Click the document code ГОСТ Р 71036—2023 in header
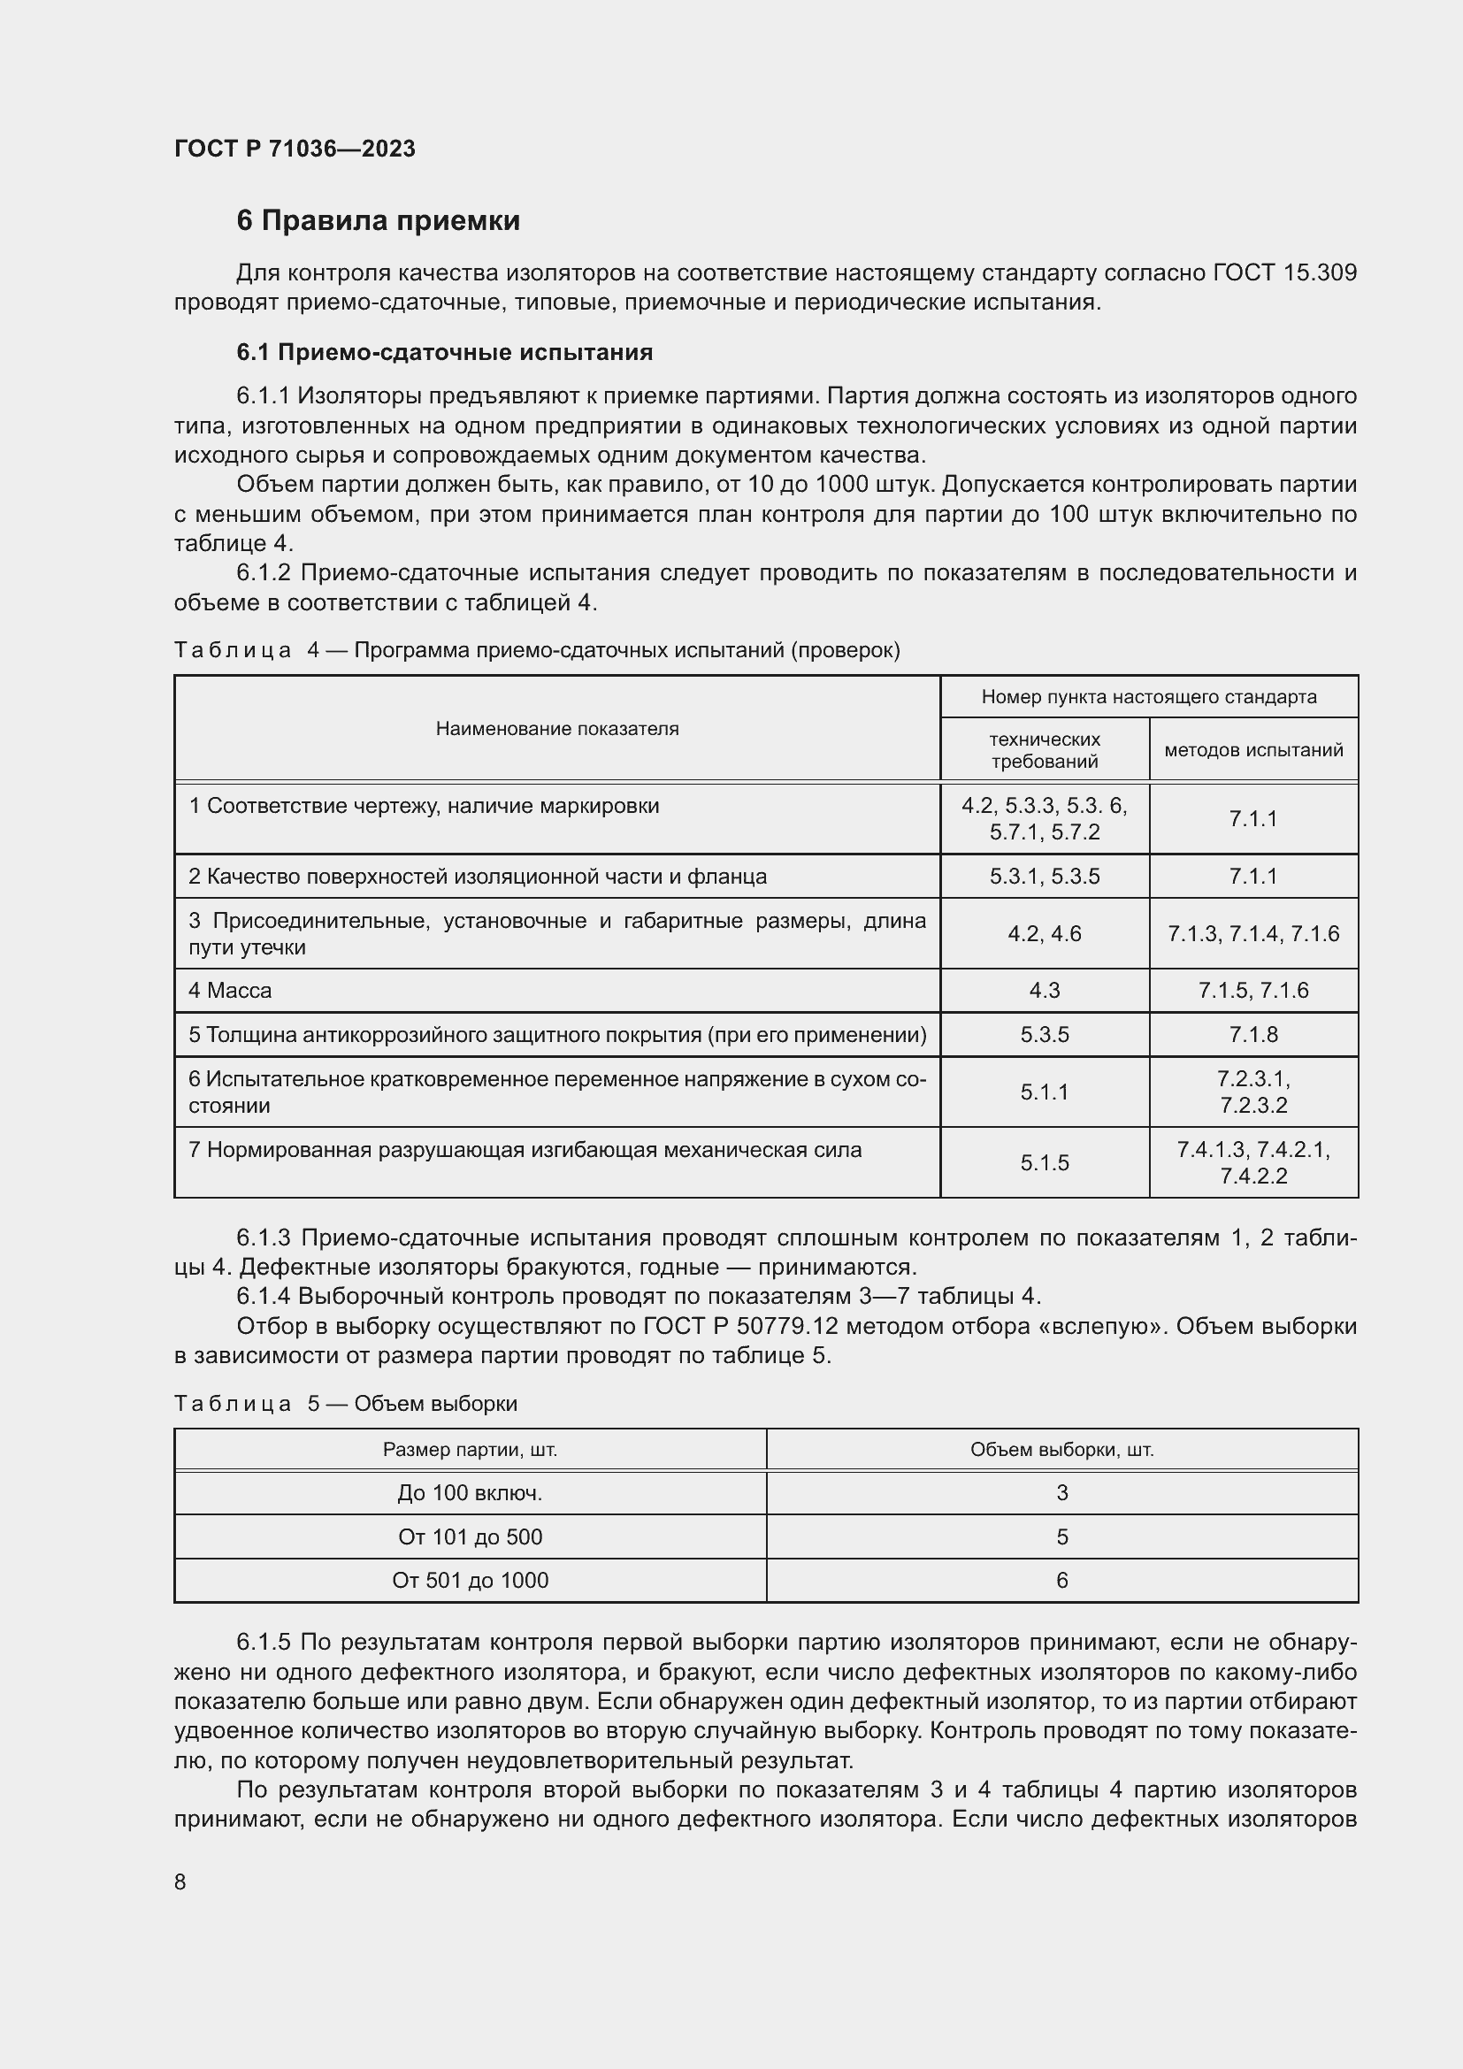(295, 149)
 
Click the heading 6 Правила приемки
(378, 221)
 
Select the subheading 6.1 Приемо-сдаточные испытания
(444, 352)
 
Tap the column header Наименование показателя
(556, 728)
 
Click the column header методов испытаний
(1253, 750)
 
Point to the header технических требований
(1044, 750)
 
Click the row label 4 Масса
(230, 991)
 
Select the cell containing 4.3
(1044, 991)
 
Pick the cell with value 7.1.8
(1253, 1035)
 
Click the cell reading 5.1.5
(1044, 1162)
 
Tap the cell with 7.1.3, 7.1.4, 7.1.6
(1253, 933)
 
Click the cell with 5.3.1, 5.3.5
(1044, 876)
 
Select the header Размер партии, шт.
(470, 1449)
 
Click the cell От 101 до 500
(470, 1536)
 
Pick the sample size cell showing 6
(1061, 1580)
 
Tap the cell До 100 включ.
(470, 1493)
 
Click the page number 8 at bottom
(180, 1881)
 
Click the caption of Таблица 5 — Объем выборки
(345, 1403)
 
